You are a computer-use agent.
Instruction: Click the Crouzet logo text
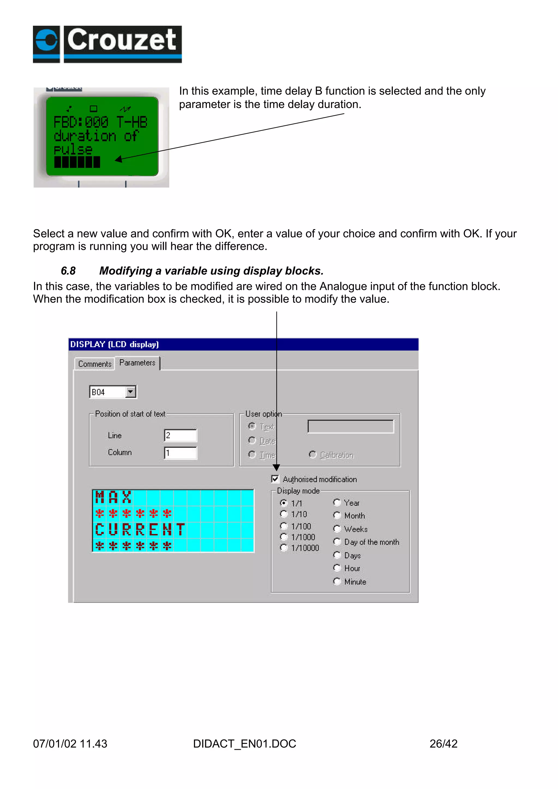click(122, 40)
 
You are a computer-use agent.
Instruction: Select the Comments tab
click(95, 364)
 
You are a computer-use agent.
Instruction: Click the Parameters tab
click(137, 363)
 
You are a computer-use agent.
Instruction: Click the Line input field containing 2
click(180, 436)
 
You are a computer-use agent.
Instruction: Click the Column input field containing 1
click(180, 453)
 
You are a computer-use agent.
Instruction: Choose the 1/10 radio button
click(284, 514)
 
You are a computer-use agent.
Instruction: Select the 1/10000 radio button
click(284, 548)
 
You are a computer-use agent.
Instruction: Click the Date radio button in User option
click(252, 440)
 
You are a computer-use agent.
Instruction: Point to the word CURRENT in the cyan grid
click(140, 530)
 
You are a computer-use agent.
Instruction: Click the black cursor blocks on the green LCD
click(77, 162)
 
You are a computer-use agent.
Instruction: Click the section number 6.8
click(68, 271)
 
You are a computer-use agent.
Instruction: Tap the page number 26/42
click(443, 744)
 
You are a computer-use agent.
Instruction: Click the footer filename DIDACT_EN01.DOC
click(244, 744)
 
